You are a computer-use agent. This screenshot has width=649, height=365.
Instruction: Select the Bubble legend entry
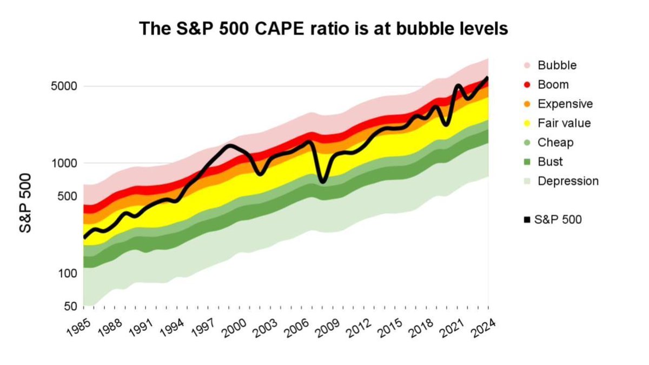(x=557, y=65)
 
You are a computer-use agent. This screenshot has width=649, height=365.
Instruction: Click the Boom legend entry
(x=553, y=84)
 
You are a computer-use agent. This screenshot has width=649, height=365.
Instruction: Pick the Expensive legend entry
(x=565, y=104)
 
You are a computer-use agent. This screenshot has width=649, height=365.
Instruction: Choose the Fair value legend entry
(x=564, y=123)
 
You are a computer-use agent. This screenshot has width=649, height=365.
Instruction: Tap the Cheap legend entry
(x=555, y=143)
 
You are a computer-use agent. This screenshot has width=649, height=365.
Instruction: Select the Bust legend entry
(x=550, y=162)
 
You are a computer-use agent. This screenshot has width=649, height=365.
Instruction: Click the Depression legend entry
(x=568, y=181)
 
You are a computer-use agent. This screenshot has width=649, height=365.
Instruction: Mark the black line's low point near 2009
(x=323, y=182)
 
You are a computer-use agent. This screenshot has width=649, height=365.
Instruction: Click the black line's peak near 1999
(x=230, y=145)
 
